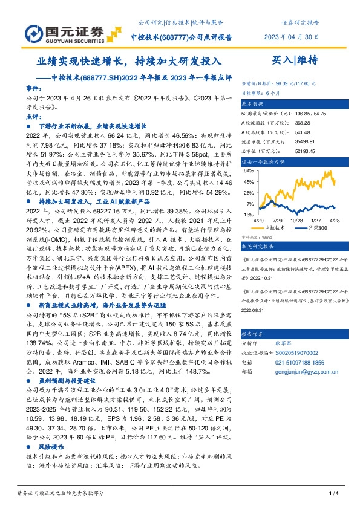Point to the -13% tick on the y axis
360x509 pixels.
[248, 215]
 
